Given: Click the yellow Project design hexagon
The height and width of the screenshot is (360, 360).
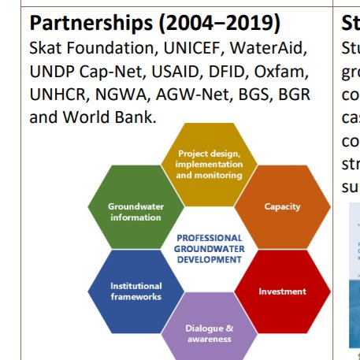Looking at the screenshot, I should point(209,161).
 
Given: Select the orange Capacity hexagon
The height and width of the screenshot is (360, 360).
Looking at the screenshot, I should point(282,206).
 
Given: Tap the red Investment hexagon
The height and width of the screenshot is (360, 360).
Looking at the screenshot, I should point(282,291).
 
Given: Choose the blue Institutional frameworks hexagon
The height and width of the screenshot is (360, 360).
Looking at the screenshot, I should point(135,291).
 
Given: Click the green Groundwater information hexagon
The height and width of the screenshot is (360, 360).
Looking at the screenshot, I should point(135,211).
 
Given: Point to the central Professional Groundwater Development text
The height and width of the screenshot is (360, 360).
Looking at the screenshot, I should point(209,248).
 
